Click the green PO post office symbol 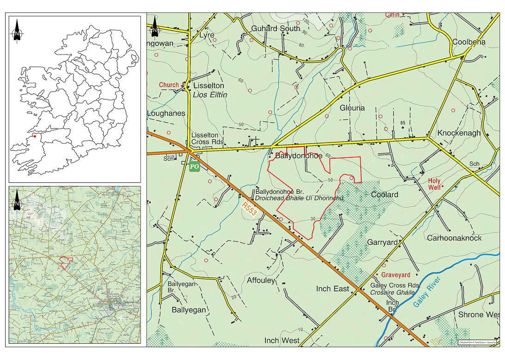pos(194,166)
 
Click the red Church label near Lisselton pos(168,85)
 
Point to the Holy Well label pos(434,184)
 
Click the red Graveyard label pos(395,275)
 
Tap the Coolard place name pos(384,195)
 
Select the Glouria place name pos(352,108)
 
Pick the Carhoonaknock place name pos(454,238)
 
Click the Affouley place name pos(261,280)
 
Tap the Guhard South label pos(276,29)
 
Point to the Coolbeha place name pos(469,42)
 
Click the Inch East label pos(333,289)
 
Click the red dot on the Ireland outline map pos(35,136)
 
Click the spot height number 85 pos(403,123)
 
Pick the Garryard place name pos(382,242)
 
